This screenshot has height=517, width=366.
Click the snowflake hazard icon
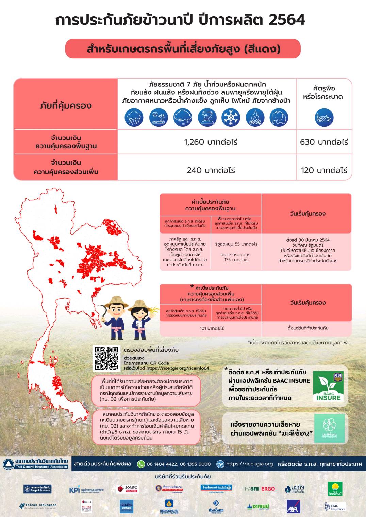click(231, 118)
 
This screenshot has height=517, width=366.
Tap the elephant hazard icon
click(279, 118)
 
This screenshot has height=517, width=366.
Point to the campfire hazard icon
click(255, 118)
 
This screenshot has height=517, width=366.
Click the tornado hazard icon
click(207, 118)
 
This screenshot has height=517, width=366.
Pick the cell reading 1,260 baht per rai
click(211, 142)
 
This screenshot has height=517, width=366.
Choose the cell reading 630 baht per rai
click(324, 142)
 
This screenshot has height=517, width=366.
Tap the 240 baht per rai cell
click(211, 170)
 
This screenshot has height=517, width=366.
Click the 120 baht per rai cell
click(324, 170)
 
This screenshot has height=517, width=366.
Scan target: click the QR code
click(107, 358)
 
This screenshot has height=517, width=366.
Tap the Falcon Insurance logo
click(38, 506)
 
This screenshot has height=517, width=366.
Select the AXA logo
click(293, 506)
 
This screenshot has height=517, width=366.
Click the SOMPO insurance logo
click(127, 489)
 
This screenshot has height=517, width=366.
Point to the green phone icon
click(141, 464)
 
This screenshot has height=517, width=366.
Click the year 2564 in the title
click(287, 20)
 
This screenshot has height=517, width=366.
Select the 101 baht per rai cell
click(212, 328)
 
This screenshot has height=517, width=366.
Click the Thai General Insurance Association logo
click(36, 464)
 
